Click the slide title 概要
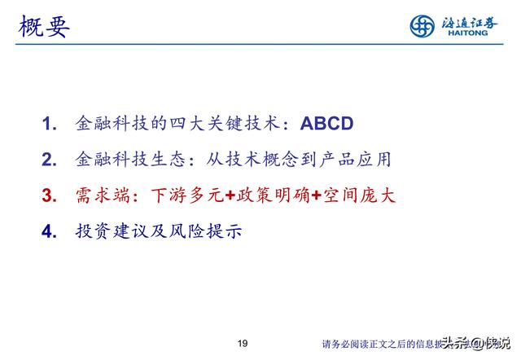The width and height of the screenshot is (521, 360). tap(44, 26)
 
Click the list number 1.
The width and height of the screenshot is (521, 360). tap(49, 125)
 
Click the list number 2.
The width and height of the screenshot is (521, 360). tap(49, 160)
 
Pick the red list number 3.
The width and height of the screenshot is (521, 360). tap(49, 196)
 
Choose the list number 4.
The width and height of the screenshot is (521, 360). tap(49, 232)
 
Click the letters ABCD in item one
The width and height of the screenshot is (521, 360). tap(326, 125)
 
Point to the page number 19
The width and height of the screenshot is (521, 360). tap(241, 341)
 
